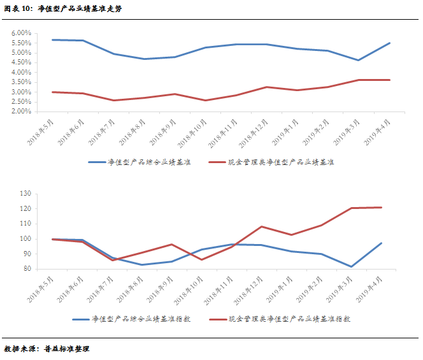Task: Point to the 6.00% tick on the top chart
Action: click(21, 32)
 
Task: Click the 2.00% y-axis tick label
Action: click(21, 112)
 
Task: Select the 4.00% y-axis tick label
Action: click(21, 72)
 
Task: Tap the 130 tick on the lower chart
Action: click(25, 193)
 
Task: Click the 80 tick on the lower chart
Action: click(27, 269)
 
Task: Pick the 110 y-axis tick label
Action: click(25, 224)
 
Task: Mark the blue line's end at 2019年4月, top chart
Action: click(390, 43)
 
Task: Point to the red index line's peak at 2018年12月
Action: click(262, 226)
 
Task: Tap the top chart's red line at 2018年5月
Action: click(54, 92)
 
